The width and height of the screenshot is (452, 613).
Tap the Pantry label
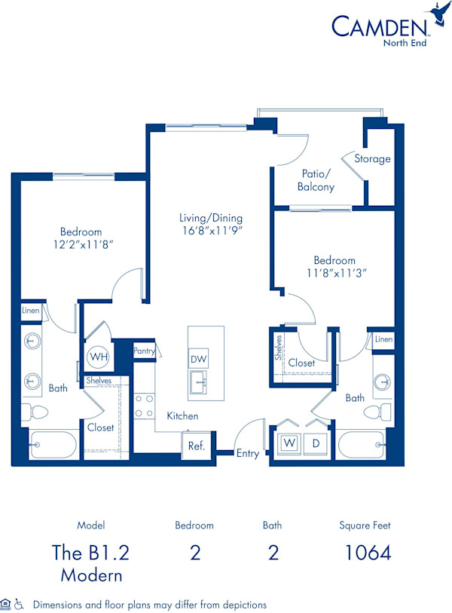click(144, 351)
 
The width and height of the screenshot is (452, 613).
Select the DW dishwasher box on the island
click(199, 359)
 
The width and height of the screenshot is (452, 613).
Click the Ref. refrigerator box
click(197, 445)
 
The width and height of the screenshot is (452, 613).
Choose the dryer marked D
click(316, 443)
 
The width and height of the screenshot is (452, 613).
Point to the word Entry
click(248, 453)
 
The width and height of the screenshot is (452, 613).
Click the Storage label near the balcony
click(373, 159)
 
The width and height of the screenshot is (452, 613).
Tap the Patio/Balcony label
click(316, 180)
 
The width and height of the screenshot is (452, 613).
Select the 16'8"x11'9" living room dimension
click(211, 231)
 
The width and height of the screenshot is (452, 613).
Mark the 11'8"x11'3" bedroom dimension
click(334, 273)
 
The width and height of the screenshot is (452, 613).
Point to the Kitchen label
click(182, 415)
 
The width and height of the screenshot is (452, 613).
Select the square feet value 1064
click(368, 553)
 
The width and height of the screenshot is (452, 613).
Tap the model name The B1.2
click(90, 553)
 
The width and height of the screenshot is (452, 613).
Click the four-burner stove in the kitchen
click(144, 406)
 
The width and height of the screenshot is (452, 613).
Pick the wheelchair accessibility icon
click(20, 604)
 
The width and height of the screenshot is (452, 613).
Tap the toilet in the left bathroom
click(35, 412)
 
